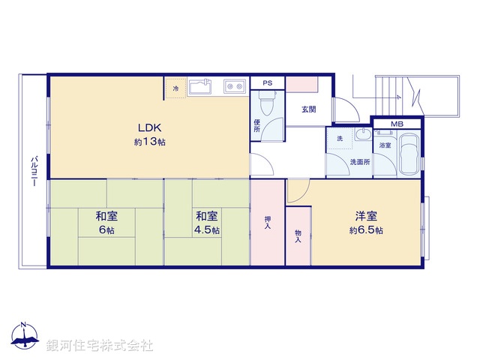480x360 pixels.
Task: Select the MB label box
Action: (397, 124)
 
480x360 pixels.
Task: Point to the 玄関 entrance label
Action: (309, 110)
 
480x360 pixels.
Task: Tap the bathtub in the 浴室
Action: (409, 154)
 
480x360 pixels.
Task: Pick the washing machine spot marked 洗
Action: (339, 139)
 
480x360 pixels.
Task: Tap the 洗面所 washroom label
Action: (360, 162)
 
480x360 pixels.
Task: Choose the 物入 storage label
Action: (298, 236)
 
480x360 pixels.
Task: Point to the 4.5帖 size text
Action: (207, 230)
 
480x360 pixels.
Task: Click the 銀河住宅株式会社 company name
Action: (100, 345)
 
